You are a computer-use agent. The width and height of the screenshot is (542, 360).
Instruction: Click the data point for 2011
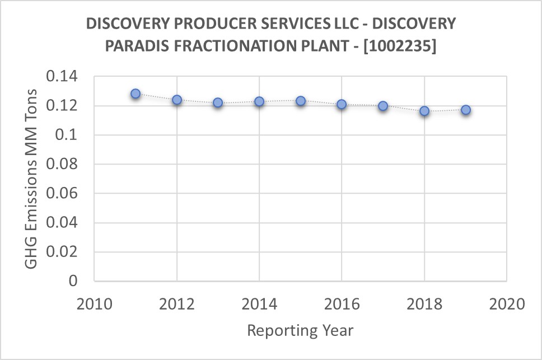tap(135, 93)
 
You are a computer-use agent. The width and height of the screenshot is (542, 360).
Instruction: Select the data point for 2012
tap(177, 100)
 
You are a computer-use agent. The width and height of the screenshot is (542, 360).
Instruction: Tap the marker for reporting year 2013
tap(218, 102)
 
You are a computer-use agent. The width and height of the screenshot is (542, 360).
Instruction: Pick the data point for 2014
tap(259, 101)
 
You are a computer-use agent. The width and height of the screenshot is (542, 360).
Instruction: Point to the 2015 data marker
tap(301, 101)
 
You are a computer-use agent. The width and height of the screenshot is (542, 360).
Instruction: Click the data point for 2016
tap(342, 104)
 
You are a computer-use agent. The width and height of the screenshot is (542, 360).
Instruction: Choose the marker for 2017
tap(383, 106)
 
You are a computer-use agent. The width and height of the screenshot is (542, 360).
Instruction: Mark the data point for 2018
tap(424, 111)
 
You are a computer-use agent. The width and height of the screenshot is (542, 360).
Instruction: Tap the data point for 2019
tap(466, 110)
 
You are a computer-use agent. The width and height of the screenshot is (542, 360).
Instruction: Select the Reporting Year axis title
tap(301, 330)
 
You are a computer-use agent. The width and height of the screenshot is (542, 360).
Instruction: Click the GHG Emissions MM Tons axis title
tap(31, 178)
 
